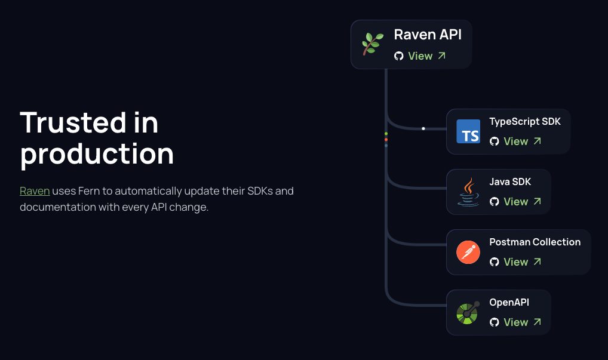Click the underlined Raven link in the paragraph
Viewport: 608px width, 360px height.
(35, 191)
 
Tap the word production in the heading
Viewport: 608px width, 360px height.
(97, 153)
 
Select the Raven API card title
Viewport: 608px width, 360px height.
(428, 35)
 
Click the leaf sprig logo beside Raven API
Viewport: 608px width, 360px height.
(373, 44)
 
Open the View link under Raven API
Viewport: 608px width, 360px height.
(420, 56)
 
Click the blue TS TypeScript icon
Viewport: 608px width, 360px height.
(468, 131)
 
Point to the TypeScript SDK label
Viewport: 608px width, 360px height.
(525, 121)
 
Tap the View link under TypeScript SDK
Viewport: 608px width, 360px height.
(515, 141)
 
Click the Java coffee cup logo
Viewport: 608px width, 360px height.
(468, 192)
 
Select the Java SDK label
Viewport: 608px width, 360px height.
(510, 181)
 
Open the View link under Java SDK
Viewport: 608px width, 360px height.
(515, 202)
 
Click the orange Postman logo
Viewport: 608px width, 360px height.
(468, 252)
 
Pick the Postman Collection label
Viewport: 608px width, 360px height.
(535, 242)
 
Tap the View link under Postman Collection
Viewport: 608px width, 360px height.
(515, 262)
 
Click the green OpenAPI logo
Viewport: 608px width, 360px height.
(468, 312)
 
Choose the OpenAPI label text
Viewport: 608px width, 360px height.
(509, 302)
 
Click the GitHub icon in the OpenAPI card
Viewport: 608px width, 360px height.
(494, 322)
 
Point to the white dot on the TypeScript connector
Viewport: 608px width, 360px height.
(423, 128)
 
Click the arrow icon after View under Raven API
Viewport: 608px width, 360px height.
(442, 56)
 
